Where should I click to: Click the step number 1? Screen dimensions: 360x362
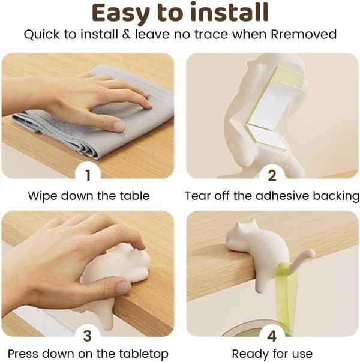[88, 175]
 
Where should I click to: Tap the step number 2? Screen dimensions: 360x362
[272, 175]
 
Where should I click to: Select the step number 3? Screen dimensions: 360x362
[88, 336]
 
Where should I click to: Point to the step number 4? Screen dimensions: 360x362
[272, 336]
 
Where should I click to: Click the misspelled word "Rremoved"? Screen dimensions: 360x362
[304, 34]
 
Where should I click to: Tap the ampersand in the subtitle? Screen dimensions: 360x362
[126, 34]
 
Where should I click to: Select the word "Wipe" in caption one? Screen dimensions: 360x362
[42, 196]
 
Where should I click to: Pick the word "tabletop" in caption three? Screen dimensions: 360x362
[144, 354]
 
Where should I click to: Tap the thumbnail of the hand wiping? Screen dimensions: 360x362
[88, 116]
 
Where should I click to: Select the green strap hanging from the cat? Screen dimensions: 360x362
[286, 298]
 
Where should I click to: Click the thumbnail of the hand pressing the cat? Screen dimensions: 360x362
[88, 274]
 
